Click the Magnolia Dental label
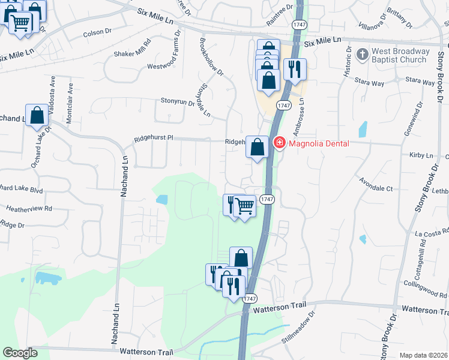319,143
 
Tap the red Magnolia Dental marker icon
279,143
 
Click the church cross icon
362,55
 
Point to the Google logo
20,353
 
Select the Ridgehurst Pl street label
154,138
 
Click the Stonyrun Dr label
177,102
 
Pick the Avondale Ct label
376,188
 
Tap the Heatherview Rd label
29,209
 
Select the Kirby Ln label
421,155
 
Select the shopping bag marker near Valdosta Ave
37,116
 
